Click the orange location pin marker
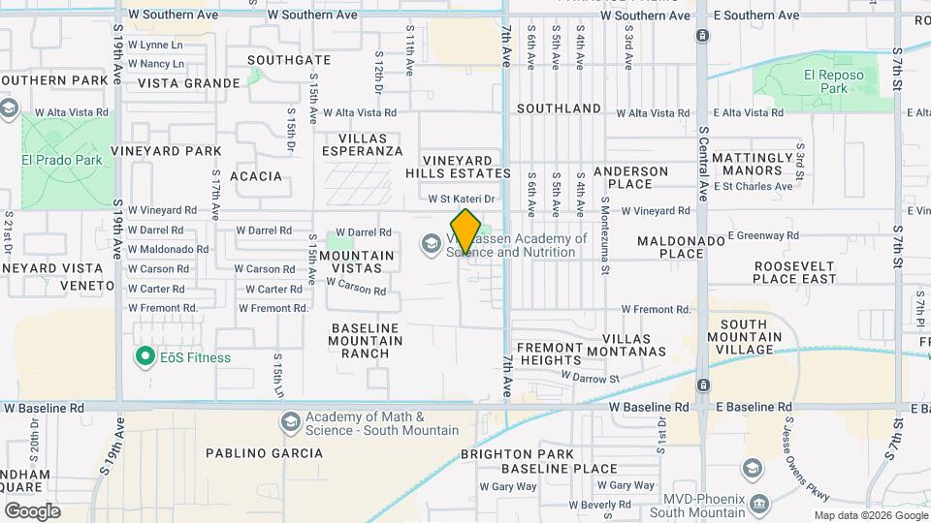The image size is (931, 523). tap(465, 232)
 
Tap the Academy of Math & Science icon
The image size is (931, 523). tap(290, 422)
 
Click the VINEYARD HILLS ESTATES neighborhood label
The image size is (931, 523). tap(465, 166)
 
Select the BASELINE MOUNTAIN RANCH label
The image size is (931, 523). tap(366, 341)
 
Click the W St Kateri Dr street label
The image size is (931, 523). tap(463, 199)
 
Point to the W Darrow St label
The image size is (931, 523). tap(590, 377)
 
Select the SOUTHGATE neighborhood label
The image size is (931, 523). tap(289, 60)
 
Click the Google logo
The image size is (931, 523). tap(32, 510)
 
